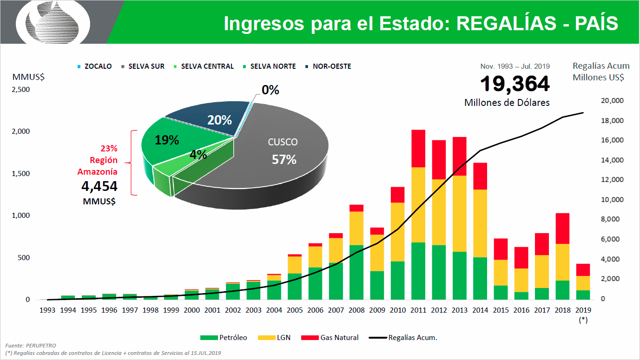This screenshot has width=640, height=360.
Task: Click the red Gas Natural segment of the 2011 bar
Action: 418,148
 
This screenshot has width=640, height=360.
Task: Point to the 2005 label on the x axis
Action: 295,310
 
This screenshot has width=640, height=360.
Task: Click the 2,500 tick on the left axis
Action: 21,89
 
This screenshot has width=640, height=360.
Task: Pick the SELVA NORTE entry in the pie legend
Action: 272,66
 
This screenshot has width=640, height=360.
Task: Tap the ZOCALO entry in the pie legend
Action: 98,66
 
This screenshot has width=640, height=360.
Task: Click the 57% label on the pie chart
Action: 284,160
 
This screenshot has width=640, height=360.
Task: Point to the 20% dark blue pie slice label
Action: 219,120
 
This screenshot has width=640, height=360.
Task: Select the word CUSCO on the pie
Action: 283,142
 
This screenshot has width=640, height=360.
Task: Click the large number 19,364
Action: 515,84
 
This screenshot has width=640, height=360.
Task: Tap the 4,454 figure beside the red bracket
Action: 99,186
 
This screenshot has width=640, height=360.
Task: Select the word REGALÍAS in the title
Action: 506,24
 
